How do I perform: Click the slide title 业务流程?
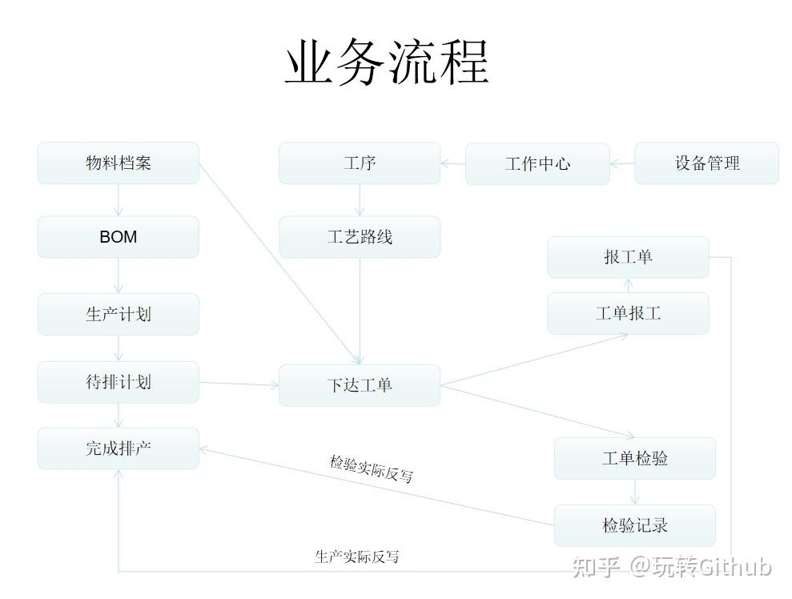click(x=387, y=63)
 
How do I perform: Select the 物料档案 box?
click(x=118, y=163)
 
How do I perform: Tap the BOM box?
click(x=118, y=237)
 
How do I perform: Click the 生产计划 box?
click(x=118, y=314)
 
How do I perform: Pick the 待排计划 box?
click(x=118, y=382)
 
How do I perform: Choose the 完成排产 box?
click(x=118, y=448)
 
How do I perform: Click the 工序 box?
click(x=360, y=163)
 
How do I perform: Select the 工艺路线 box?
click(x=360, y=237)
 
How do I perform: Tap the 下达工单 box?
click(x=360, y=385)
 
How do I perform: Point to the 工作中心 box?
click(x=537, y=164)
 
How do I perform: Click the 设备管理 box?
click(x=706, y=163)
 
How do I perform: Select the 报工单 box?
click(x=628, y=257)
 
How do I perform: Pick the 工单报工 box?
click(x=628, y=313)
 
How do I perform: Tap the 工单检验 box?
click(x=634, y=459)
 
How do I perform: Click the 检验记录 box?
click(x=634, y=525)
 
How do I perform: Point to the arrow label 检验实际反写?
click(x=371, y=469)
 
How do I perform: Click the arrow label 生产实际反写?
click(x=356, y=557)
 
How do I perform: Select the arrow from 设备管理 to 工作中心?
click(x=622, y=164)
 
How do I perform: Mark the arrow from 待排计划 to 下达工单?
click(x=239, y=384)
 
